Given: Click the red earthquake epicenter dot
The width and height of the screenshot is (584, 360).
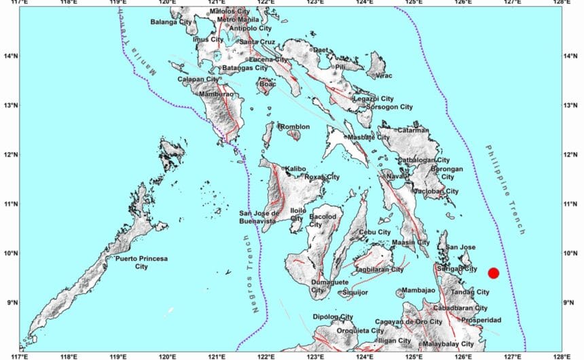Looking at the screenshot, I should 494,273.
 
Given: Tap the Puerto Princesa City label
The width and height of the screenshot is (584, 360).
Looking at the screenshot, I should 141,263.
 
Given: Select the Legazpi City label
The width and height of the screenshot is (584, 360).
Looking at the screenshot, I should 373,98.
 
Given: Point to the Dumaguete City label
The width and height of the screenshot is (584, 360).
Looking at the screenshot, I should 329,286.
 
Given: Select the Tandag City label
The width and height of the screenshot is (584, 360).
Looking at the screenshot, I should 469,292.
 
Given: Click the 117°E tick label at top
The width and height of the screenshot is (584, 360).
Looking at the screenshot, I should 20,3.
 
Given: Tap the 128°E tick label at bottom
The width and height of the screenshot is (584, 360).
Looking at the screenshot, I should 562,356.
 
